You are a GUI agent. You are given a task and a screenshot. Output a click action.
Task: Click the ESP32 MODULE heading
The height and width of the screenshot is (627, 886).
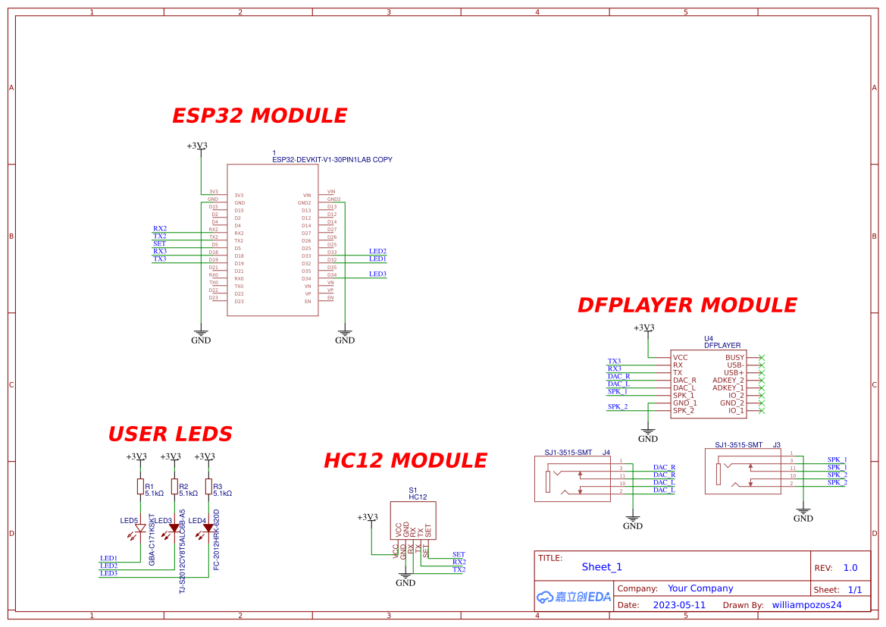pos(259,116)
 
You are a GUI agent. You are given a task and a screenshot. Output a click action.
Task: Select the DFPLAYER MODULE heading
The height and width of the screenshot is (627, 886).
pos(687,305)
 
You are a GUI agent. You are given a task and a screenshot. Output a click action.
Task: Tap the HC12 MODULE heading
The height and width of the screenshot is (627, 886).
pos(405,461)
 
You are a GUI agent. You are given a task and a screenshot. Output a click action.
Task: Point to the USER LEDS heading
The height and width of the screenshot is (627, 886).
pos(170,434)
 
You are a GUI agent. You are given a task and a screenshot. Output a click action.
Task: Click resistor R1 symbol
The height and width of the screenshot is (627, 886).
pos(139,487)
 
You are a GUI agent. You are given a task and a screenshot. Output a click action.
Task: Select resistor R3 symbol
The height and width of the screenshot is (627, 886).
pos(208,487)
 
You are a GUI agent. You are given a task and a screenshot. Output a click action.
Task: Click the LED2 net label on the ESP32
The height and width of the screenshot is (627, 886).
pos(377,251)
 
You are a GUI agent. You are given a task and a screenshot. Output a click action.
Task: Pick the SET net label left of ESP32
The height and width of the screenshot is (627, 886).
pos(159,243)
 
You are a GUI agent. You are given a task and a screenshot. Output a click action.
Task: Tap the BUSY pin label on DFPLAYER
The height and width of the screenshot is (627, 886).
pos(734,357)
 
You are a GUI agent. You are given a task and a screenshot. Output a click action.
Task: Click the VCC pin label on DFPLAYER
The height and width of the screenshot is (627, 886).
pos(681,357)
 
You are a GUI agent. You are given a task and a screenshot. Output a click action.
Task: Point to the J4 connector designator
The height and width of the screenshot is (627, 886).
pos(606,453)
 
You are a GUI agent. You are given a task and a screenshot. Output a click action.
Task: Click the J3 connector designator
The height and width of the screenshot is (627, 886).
pos(776,445)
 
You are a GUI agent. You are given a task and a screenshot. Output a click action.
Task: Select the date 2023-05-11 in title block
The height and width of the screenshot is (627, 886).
pos(678,605)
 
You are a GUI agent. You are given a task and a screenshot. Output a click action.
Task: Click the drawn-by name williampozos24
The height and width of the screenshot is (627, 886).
pos(806,605)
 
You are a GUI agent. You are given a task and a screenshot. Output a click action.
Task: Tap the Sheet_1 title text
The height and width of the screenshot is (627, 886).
pos(602,566)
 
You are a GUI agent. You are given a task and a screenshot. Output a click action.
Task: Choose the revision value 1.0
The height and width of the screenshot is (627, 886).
pos(850,567)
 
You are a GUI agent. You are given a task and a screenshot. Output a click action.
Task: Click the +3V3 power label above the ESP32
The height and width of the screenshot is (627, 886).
pos(197,146)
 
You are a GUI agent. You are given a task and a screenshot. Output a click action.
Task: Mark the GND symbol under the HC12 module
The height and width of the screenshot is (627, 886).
pos(406,581)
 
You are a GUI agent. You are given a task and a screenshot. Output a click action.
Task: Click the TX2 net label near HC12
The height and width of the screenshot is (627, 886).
pos(459,569)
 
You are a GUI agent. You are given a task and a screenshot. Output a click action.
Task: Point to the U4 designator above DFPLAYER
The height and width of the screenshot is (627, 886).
pos(709,338)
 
